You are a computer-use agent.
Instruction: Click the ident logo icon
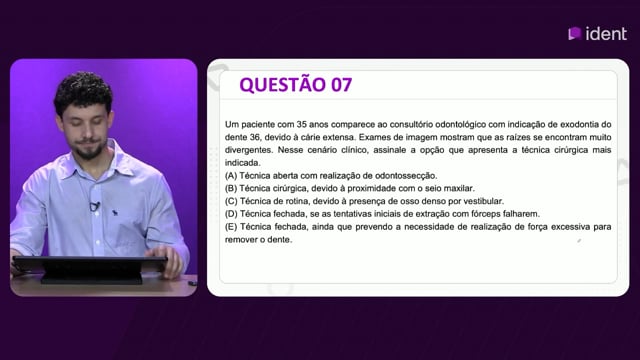pos(575,33)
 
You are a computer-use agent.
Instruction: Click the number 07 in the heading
pos(341,85)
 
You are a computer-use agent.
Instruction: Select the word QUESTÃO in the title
pos(282,84)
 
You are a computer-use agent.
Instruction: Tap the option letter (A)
pos(231,176)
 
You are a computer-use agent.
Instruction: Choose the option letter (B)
pos(231,189)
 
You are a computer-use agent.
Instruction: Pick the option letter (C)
pos(231,201)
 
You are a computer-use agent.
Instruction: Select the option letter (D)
pos(231,214)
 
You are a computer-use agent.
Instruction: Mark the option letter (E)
pos(231,227)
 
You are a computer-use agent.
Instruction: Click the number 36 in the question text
pos(254,137)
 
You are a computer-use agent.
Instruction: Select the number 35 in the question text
pos(302,124)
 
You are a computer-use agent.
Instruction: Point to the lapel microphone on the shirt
pos(94,206)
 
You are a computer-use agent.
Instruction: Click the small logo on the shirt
pos(115,212)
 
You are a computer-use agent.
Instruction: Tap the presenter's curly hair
pos(84,92)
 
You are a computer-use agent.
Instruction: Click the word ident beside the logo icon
pos(606,34)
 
